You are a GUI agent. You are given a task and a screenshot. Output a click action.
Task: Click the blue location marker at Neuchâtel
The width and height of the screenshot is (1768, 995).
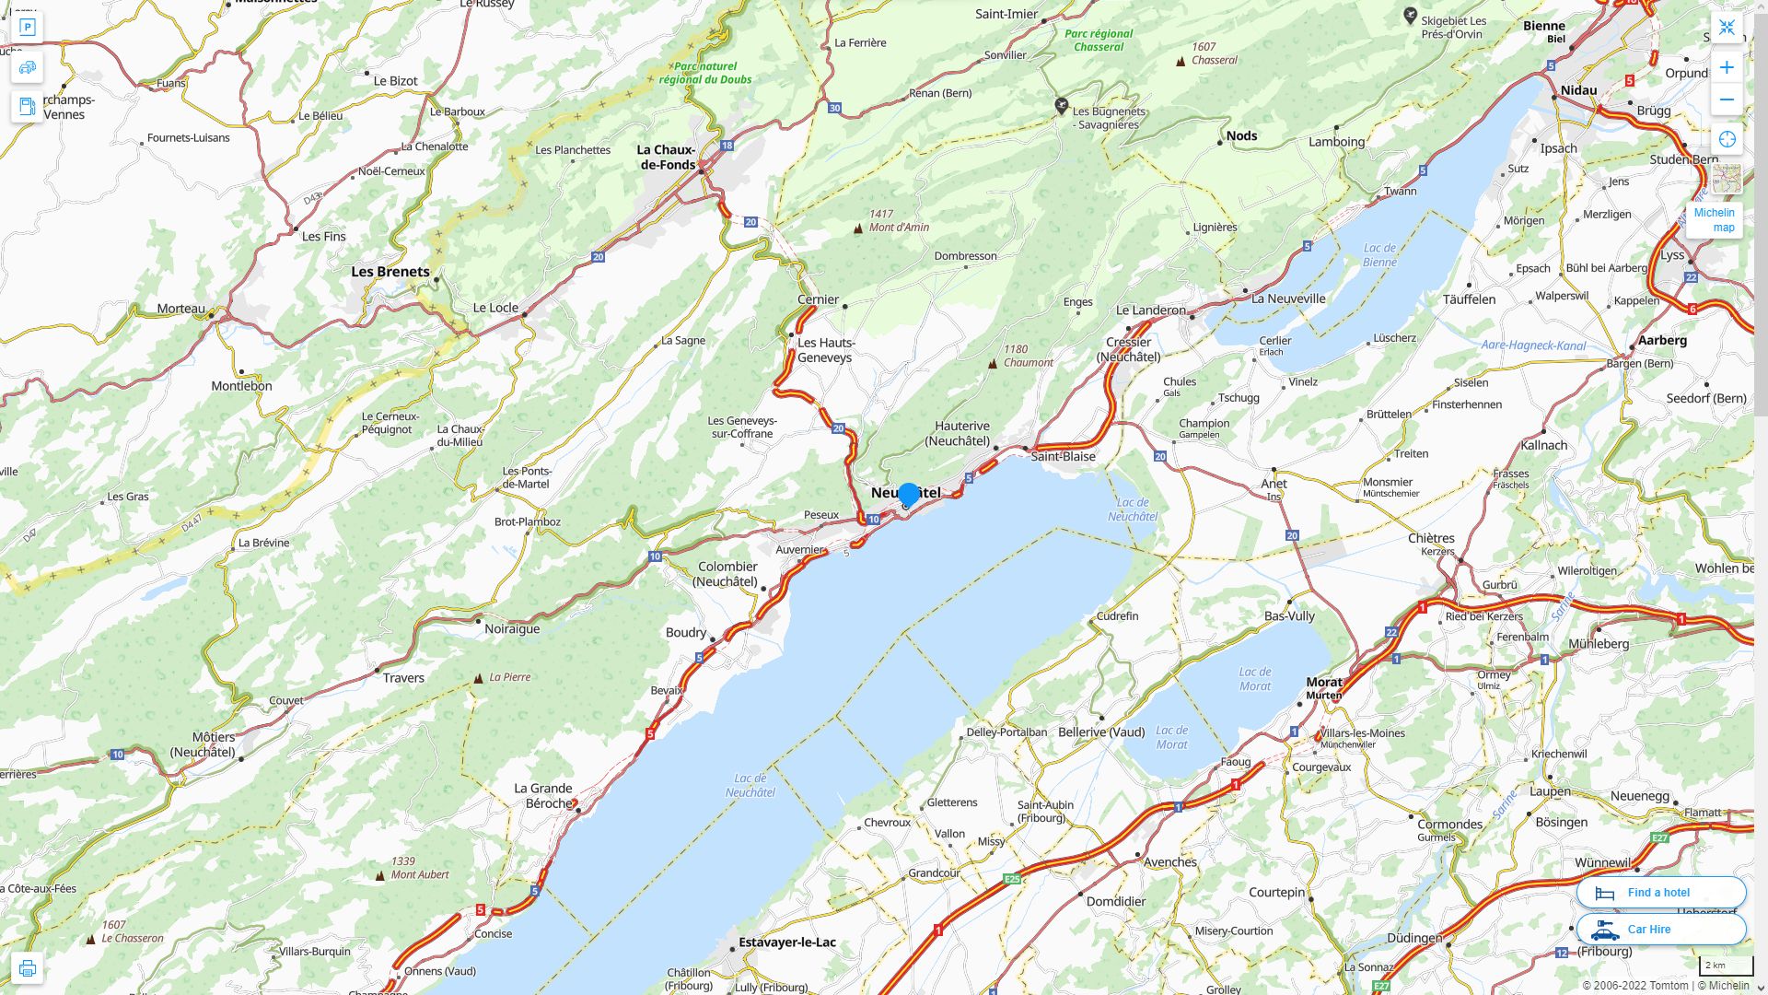pyautogui.click(x=908, y=495)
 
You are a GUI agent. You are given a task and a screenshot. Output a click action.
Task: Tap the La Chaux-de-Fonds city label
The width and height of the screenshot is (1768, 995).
pyautogui.click(x=667, y=158)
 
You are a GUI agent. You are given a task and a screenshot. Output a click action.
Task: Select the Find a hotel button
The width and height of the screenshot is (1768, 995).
pyautogui.click(x=1660, y=892)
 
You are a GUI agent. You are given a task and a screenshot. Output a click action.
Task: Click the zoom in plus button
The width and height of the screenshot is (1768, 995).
pyautogui.click(x=1727, y=67)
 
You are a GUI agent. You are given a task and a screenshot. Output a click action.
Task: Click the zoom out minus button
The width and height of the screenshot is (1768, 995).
pyautogui.click(x=1727, y=99)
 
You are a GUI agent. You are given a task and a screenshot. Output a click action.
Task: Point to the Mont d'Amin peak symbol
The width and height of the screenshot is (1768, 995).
pyautogui.click(x=858, y=228)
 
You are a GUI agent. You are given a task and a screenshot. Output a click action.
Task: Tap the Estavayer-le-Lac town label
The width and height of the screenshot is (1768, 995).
pyautogui.click(x=787, y=942)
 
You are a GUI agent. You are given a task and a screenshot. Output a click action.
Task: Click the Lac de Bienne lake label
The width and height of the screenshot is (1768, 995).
pyautogui.click(x=1379, y=255)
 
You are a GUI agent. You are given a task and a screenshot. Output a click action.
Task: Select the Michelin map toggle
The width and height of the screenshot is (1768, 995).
pyautogui.click(x=1714, y=220)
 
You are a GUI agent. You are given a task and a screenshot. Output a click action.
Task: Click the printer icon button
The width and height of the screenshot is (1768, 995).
pyautogui.click(x=28, y=968)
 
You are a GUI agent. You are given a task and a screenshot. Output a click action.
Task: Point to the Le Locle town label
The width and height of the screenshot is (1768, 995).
pyautogui.click(x=495, y=308)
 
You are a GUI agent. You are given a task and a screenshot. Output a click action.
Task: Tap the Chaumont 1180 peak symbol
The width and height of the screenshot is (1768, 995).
pyautogui.click(x=992, y=364)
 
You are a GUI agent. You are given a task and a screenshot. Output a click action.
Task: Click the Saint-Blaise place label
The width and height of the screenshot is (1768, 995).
pyautogui.click(x=1063, y=456)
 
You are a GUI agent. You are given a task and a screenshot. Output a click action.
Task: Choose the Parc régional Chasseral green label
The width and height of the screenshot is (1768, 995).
pyautogui.click(x=1098, y=40)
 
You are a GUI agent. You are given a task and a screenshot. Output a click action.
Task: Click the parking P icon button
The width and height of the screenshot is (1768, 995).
pyautogui.click(x=28, y=28)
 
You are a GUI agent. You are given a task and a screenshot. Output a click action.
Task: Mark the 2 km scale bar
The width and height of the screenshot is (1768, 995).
pyautogui.click(x=1725, y=966)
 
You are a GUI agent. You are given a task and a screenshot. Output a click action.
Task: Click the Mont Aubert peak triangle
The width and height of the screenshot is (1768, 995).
pyautogui.click(x=380, y=875)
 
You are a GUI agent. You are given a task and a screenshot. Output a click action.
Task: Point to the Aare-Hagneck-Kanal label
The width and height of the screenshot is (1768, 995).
pyautogui.click(x=1533, y=345)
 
